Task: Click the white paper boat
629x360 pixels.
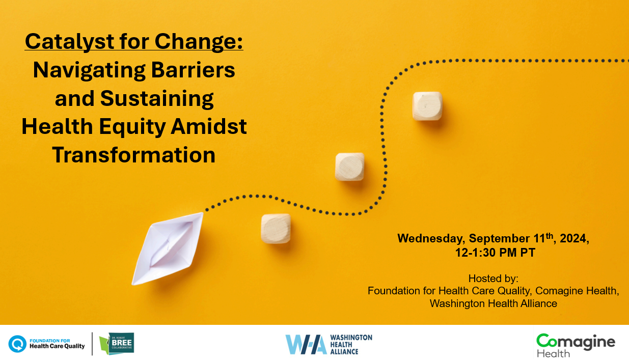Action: point(168,248)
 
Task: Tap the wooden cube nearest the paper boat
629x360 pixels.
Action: point(276,229)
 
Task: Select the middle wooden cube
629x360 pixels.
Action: point(349,167)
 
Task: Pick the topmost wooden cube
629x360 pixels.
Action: point(427,106)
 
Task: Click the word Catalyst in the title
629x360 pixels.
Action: point(70,42)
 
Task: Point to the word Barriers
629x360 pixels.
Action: point(193,70)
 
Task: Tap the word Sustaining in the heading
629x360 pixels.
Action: point(157,99)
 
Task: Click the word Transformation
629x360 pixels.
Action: point(133,155)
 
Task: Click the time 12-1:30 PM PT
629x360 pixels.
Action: point(495,253)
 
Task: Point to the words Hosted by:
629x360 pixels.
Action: point(493,279)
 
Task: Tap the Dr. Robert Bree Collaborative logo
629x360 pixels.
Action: point(117,343)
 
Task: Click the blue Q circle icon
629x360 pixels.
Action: point(17,344)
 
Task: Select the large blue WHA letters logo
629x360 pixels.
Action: point(306,344)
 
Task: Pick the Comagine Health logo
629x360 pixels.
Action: point(576,345)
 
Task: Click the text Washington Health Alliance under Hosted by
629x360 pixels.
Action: point(494,303)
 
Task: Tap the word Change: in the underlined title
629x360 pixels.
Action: point(199,42)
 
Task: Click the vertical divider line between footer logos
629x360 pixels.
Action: point(92,344)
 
